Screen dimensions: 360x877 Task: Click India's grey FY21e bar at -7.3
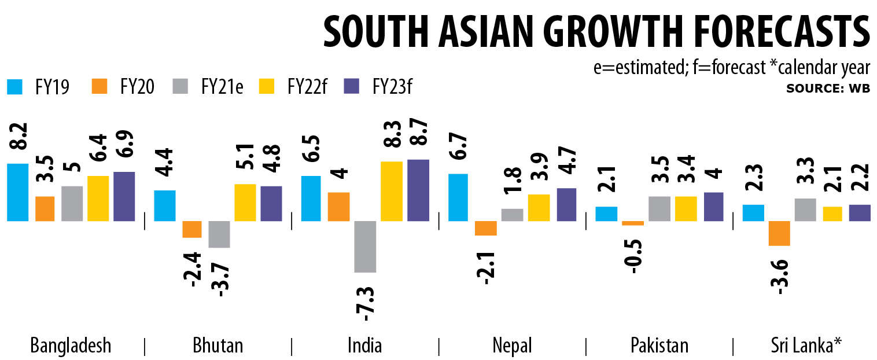pos(365,246)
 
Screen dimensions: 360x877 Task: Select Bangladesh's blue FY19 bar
pos(17,192)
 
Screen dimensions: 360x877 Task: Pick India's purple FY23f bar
pos(419,190)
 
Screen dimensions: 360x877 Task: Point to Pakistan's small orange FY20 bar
pos(632,223)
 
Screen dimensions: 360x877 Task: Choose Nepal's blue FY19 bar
pos(458,197)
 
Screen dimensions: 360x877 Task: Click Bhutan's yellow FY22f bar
pos(245,202)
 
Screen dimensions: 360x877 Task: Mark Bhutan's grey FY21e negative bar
pos(219,234)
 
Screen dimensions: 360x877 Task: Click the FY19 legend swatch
pos(14,87)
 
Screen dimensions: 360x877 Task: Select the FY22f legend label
pos(307,87)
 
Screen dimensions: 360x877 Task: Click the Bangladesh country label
pos(71,346)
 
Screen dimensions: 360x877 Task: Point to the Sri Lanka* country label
pos(805,346)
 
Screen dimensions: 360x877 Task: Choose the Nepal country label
pos(512,346)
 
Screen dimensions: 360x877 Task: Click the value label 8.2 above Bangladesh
pos(18,139)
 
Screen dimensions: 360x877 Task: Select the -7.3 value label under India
pos(366,302)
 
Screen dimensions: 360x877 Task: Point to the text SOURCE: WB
pos(828,89)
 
